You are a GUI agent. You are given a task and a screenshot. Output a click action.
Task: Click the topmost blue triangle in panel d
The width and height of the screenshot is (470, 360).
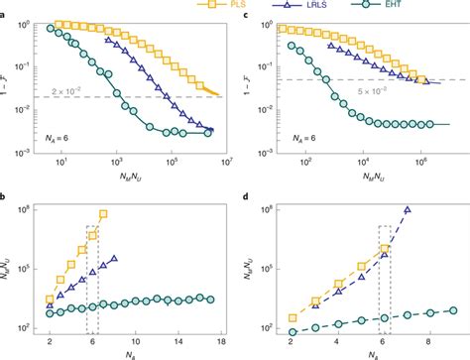pos(408,209)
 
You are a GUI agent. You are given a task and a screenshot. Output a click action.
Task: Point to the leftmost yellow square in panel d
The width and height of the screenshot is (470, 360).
pos(293,318)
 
